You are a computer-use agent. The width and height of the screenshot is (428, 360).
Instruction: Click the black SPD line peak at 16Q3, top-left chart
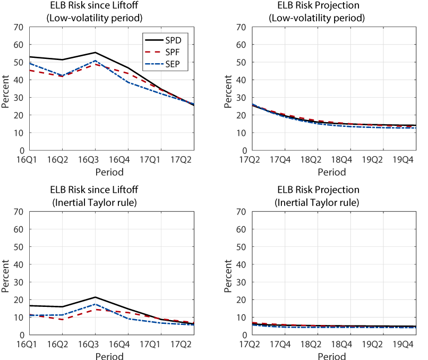[x=96, y=53]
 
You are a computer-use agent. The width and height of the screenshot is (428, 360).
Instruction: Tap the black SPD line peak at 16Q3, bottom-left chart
[x=96, y=297]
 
